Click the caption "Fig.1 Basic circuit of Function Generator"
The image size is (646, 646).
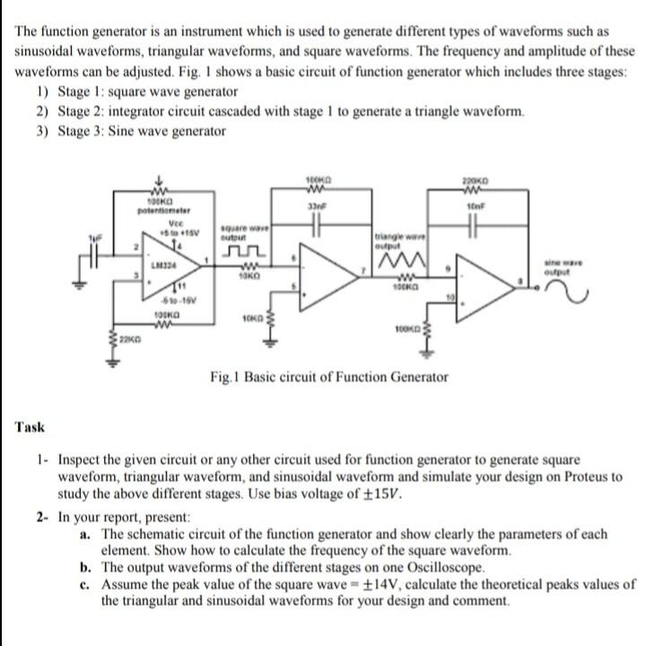[x=328, y=377]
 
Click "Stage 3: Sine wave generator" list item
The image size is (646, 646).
[x=141, y=132]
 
